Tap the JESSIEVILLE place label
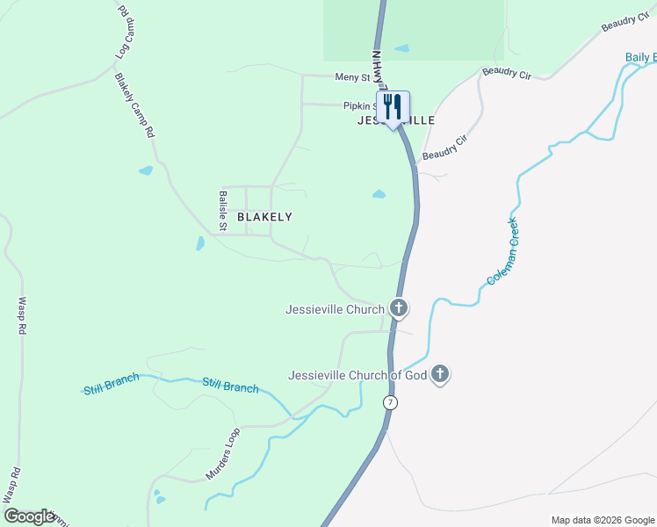point(396,120)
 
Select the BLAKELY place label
point(264,216)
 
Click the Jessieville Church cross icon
point(399,308)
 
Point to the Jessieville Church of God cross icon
point(440,375)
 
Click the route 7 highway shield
point(390,402)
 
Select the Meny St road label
point(353,77)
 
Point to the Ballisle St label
point(223,211)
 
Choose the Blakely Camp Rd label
point(134,105)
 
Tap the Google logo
point(28,516)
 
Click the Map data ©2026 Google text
point(602,520)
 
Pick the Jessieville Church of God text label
point(357,375)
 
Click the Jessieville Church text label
point(335,309)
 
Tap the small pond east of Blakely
point(379,194)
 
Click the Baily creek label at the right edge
point(640,58)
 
